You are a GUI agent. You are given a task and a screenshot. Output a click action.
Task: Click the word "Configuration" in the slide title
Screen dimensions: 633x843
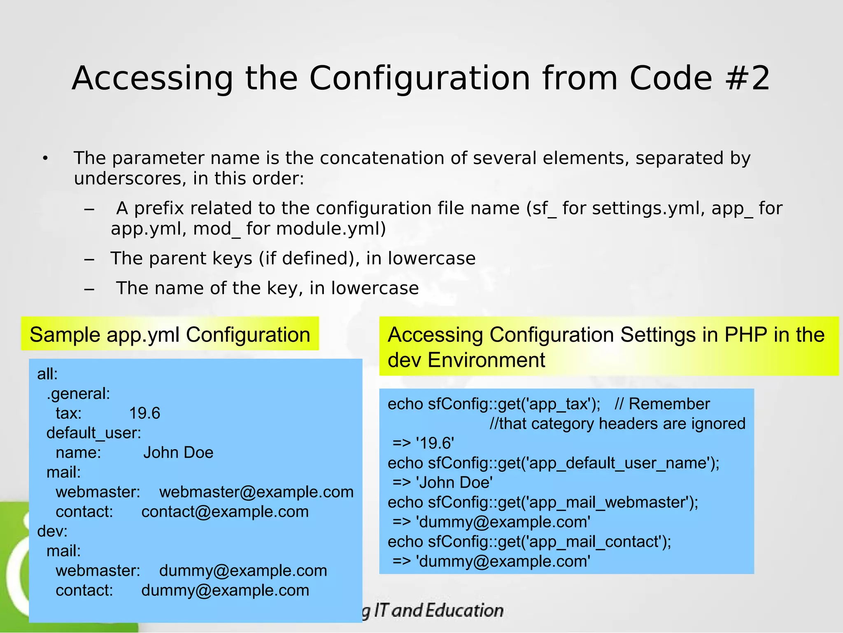click(419, 78)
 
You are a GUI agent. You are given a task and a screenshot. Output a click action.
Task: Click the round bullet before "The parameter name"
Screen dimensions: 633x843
click(45, 159)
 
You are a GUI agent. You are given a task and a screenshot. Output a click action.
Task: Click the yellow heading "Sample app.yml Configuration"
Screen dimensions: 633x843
click(170, 334)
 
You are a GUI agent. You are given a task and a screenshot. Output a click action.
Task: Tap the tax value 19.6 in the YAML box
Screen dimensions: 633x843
click(144, 413)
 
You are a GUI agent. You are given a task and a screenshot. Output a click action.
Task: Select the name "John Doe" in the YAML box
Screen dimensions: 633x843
click(178, 452)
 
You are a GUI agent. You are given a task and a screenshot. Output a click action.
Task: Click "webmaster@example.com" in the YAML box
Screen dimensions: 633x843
click(256, 492)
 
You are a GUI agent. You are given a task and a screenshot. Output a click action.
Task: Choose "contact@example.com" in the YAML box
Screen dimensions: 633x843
click(225, 511)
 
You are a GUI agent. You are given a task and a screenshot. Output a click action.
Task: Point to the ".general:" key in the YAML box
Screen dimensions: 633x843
click(78, 394)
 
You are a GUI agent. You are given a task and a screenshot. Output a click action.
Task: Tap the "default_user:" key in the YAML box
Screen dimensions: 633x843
click(93, 433)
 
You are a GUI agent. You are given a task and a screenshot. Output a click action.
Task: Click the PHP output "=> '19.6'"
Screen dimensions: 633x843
click(423, 443)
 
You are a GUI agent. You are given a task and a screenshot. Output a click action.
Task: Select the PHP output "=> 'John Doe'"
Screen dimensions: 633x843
click(442, 483)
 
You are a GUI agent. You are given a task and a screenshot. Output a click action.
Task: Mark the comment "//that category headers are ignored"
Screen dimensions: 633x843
click(617, 424)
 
